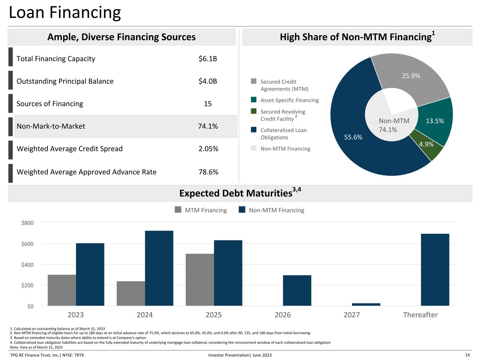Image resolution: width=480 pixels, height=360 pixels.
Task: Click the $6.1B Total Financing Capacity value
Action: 207,59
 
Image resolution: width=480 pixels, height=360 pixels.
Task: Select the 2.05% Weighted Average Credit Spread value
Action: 208,149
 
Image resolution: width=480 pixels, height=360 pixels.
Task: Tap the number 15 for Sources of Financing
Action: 207,104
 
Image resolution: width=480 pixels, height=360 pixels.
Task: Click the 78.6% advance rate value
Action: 208,172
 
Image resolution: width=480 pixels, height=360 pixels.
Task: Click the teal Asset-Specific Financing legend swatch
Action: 254,100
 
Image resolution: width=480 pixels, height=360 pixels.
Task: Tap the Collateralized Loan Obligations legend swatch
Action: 254,130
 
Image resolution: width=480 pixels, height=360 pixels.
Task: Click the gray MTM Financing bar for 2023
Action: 62,290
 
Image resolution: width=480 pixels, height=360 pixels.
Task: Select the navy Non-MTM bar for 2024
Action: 159,268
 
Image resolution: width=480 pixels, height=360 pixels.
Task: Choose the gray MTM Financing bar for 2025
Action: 200,279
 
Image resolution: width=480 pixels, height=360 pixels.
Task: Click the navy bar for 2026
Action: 297,290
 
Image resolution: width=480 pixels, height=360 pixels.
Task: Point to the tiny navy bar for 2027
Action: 366,304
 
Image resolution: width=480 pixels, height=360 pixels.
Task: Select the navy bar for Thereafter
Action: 435,270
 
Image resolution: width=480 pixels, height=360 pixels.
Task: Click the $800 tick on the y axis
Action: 27,223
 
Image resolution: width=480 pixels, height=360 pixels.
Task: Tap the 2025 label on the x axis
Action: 214,315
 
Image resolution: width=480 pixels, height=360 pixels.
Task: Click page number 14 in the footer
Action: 467,355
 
